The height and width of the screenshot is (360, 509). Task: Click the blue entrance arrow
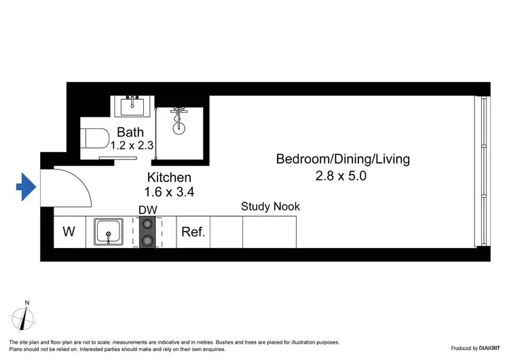(26, 187)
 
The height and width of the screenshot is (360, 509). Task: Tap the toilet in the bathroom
(96, 139)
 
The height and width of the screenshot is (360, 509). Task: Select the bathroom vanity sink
(132, 107)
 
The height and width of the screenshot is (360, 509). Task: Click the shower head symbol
(179, 118)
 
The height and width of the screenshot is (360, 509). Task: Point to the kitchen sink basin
(107, 232)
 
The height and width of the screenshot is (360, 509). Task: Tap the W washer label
(69, 232)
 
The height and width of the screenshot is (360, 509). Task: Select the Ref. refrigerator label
(193, 232)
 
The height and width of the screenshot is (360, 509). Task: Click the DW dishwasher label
(148, 210)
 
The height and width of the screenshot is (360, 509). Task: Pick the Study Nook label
(270, 206)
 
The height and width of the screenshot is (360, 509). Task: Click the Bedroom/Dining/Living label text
(343, 160)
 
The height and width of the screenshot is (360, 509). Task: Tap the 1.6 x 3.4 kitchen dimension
(170, 192)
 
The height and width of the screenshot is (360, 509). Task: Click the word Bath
(130, 132)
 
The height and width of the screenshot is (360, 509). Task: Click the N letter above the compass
(26, 302)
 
